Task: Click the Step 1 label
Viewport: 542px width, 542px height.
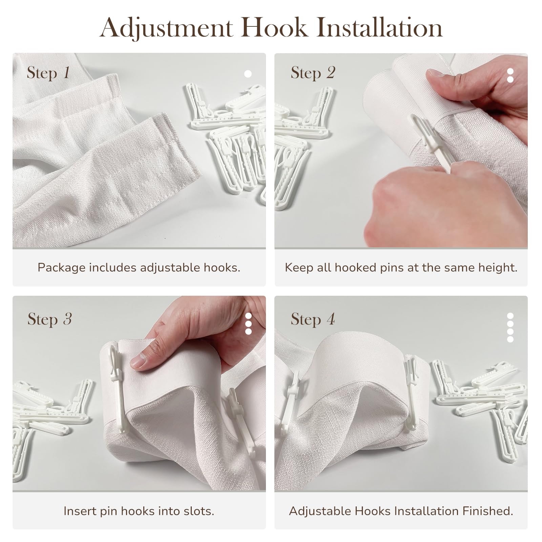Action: click(48, 73)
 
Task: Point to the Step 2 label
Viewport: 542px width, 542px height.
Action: click(313, 73)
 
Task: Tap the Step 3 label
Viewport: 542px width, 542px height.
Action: click(49, 319)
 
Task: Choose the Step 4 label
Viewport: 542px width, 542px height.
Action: click(313, 319)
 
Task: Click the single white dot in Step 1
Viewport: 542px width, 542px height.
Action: click(248, 74)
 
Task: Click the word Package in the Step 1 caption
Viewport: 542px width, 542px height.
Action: click(62, 268)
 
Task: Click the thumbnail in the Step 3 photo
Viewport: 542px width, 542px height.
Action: click(139, 361)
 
